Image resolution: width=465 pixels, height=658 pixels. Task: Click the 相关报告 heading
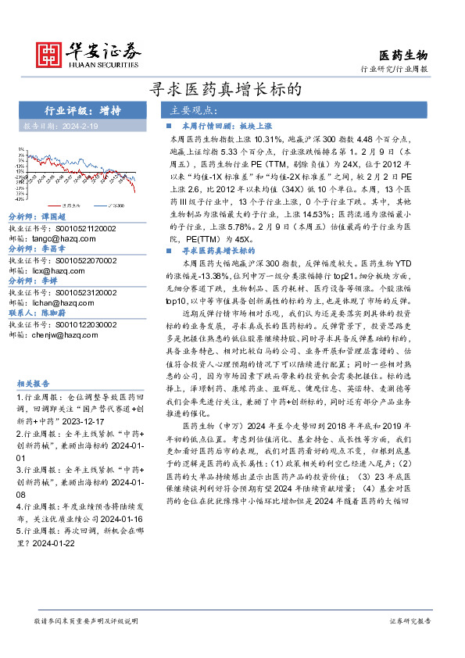point(33,384)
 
